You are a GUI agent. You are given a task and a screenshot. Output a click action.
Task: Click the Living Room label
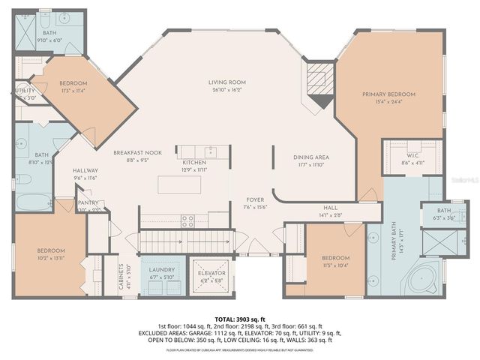(x=227, y=82)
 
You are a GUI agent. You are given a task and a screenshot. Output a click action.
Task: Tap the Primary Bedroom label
(x=388, y=94)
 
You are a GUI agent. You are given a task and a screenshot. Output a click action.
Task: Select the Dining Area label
(x=311, y=157)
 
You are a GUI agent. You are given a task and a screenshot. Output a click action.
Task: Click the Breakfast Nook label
(x=132, y=152)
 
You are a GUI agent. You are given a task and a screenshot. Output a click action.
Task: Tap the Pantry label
(x=88, y=202)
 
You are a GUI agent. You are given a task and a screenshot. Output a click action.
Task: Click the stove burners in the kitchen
(x=188, y=220)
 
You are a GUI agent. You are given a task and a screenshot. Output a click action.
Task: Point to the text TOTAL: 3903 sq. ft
(x=240, y=318)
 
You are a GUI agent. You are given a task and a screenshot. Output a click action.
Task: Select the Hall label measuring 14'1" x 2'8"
(x=331, y=209)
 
